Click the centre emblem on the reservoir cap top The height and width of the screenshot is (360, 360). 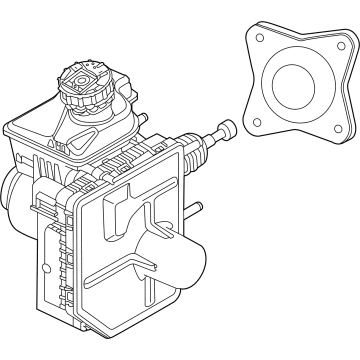(84, 73)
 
